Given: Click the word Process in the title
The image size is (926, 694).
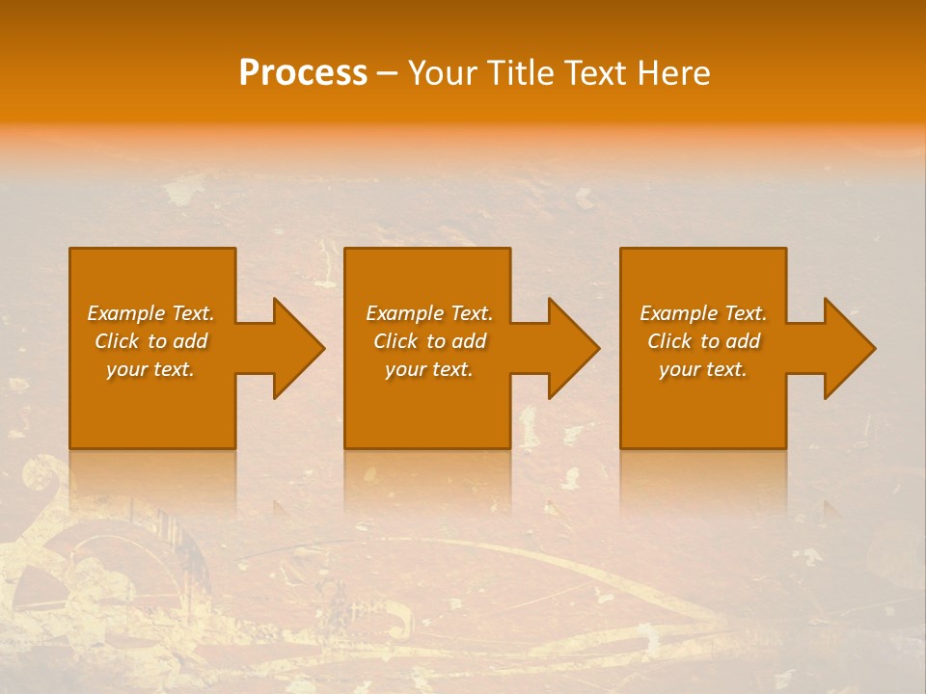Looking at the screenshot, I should pyautogui.click(x=303, y=73).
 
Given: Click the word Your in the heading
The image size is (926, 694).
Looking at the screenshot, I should pyautogui.click(x=442, y=73).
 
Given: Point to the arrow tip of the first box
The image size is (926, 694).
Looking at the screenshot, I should pyautogui.click(x=324, y=348).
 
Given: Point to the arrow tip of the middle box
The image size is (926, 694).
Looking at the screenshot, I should pyautogui.click(x=599, y=348).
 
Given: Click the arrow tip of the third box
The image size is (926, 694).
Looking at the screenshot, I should pyautogui.click(x=875, y=348).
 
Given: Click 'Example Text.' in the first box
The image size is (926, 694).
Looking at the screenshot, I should pyautogui.click(x=150, y=313).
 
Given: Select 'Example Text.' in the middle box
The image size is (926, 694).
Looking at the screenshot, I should pyautogui.click(x=429, y=313).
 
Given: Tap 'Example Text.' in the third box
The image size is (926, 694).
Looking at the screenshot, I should pyautogui.click(x=703, y=313).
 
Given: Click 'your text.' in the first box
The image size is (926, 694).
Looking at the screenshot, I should pyautogui.click(x=150, y=369).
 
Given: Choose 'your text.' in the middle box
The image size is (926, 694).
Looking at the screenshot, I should pyautogui.click(x=429, y=369).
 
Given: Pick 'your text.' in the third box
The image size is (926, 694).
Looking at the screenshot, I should pyautogui.click(x=703, y=369).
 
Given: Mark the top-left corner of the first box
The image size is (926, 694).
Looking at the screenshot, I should pyautogui.click(x=70, y=250).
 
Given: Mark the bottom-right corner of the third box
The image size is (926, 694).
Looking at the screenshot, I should pyautogui.click(x=785, y=447).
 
